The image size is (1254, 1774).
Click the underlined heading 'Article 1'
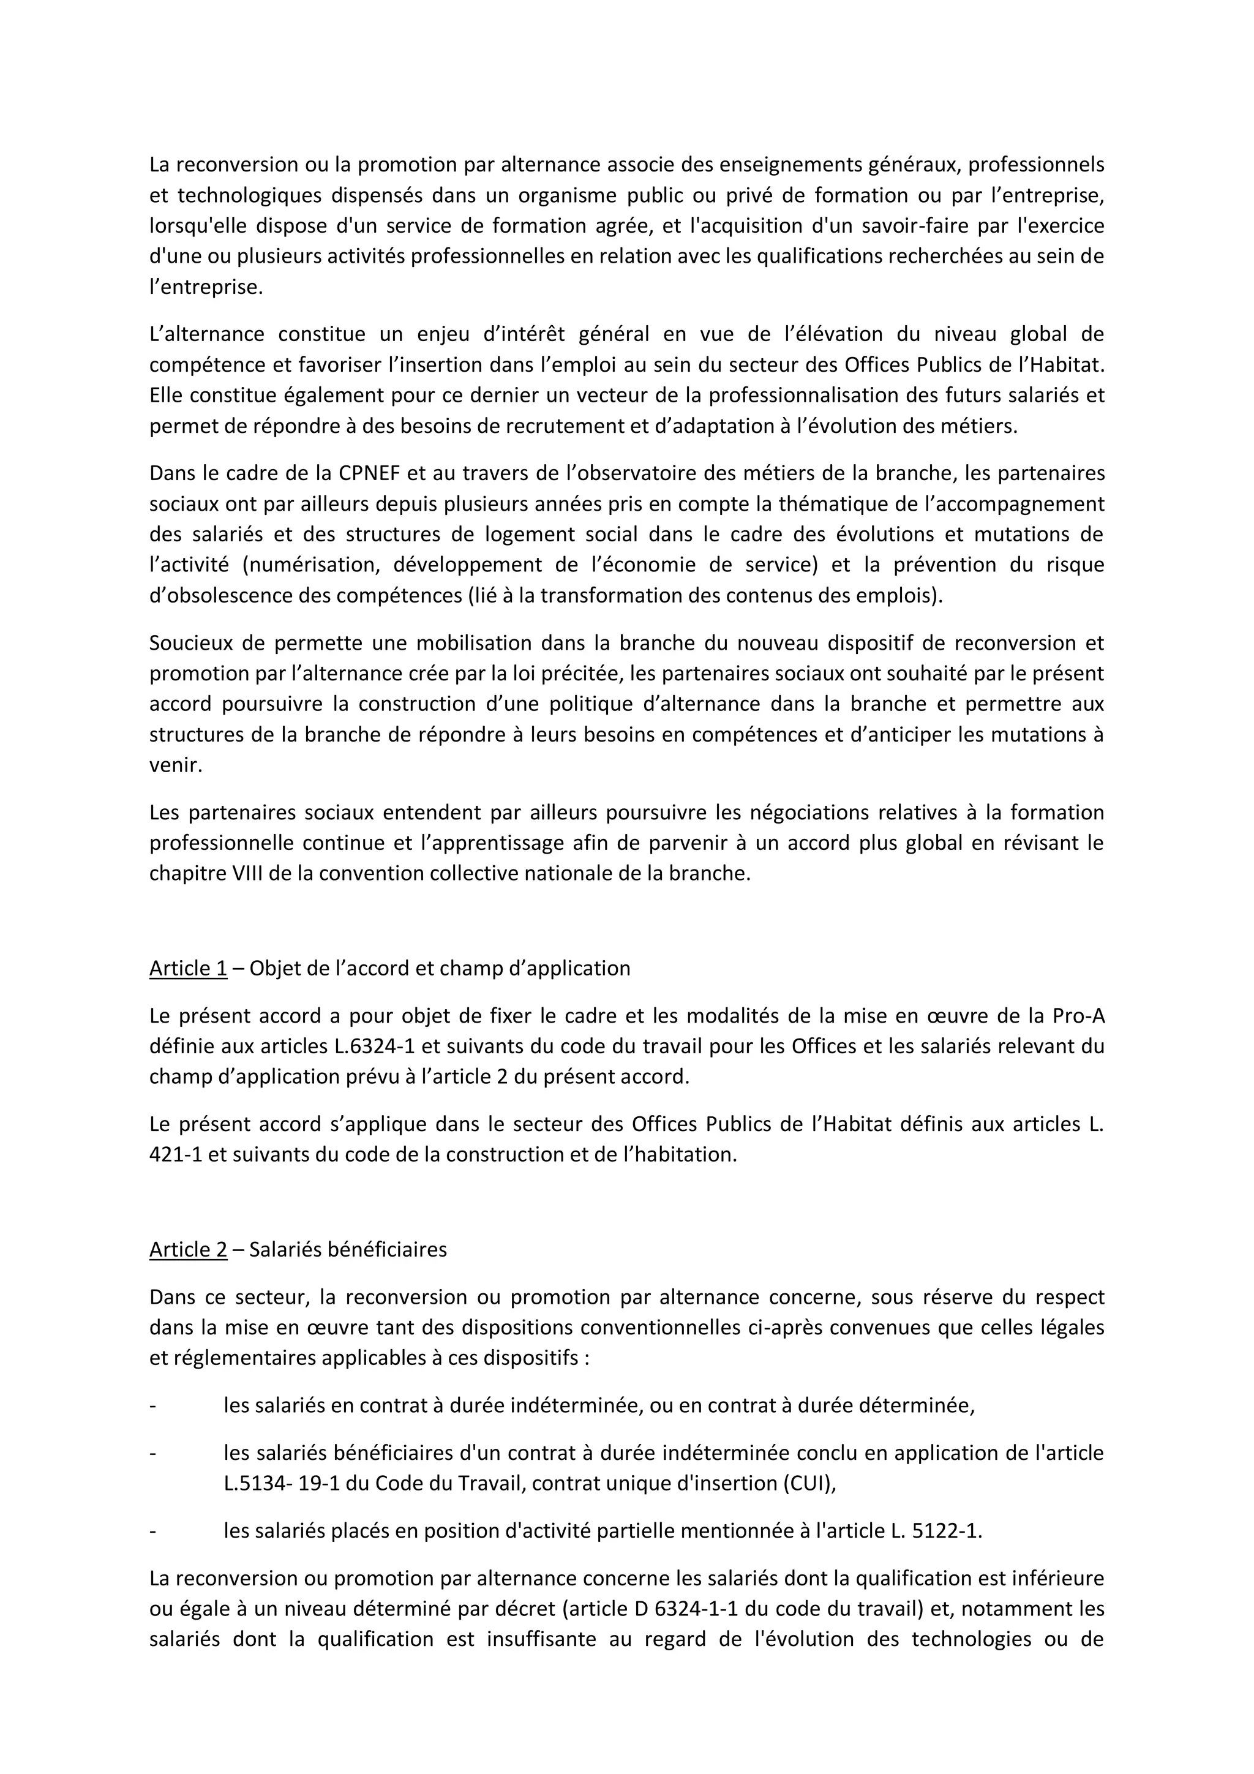[x=188, y=968]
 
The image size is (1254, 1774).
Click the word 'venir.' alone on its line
[x=175, y=765]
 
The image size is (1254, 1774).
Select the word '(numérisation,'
[x=312, y=565]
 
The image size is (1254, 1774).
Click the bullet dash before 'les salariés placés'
[x=153, y=1532]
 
